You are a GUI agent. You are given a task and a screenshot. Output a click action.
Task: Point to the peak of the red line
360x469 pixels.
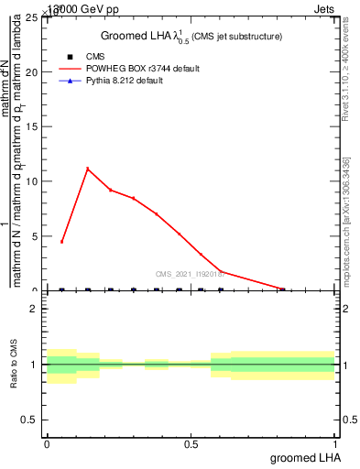tap(88, 169)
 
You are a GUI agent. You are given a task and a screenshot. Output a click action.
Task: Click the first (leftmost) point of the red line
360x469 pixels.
tap(61, 242)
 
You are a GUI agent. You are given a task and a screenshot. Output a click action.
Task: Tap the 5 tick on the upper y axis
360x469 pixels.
tap(36, 236)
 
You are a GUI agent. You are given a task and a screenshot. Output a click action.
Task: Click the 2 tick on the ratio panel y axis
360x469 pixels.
tap(38, 309)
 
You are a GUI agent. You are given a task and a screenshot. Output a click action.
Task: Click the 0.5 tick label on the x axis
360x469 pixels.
tap(191, 444)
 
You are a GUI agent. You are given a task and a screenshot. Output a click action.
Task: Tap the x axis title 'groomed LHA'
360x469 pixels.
tap(305, 458)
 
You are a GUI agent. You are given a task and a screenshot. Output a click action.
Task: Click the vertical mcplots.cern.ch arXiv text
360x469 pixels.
tap(347, 221)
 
